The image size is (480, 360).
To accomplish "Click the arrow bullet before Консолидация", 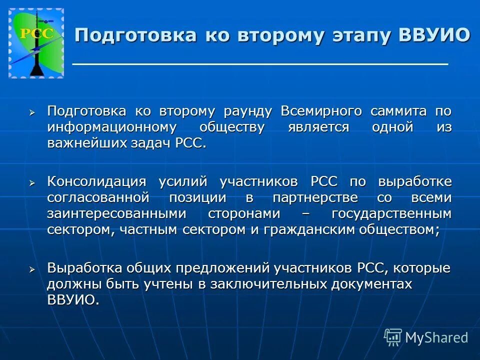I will click(32, 183).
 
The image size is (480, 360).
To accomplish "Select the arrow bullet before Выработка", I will click(32, 269).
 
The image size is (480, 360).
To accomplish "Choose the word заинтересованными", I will click(116, 213).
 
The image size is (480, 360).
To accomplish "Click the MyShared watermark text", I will click(436, 337).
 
